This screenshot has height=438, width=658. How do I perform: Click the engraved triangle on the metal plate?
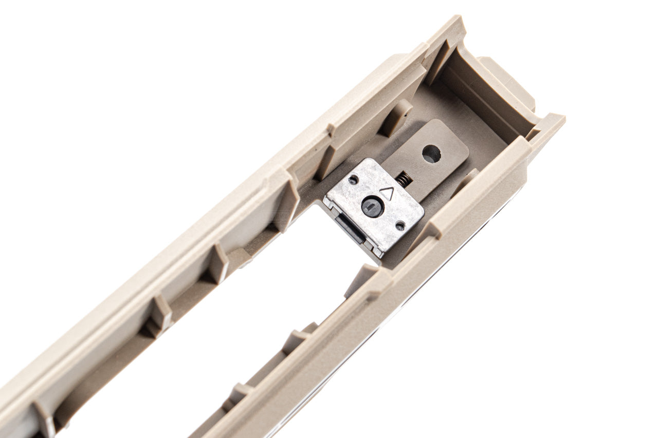click(387, 194)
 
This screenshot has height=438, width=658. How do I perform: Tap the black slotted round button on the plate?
click(372, 206)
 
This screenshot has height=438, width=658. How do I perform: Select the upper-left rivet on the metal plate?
click(353, 180)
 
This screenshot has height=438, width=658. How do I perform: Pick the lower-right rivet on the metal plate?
click(399, 225)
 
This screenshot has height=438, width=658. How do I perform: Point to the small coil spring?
click(405, 179)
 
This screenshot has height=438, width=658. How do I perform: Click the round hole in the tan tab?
click(431, 154)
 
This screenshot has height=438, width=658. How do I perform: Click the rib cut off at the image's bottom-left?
click(44, 418)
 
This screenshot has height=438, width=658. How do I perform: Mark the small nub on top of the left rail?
click(331, 129)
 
